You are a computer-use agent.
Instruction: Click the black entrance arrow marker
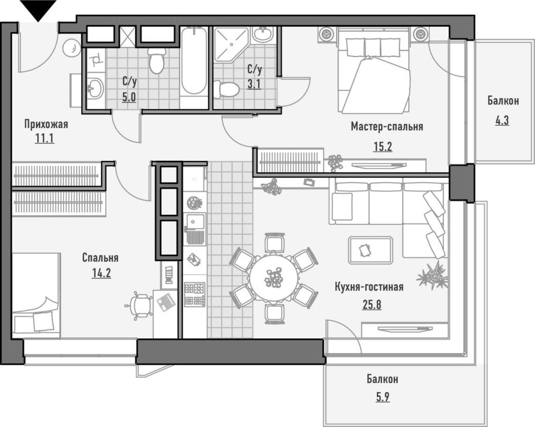(x=38, y=10)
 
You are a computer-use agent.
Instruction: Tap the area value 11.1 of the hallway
(x=44, y=139)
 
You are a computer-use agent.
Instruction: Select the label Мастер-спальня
(x=387, y=126)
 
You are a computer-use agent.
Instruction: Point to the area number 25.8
(x=372, y=304)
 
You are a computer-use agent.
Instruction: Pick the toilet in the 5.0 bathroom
(x=156, y=60)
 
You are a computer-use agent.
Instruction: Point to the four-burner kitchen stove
(x=195, y=294)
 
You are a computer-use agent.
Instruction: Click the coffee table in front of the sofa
(x=370, y=250)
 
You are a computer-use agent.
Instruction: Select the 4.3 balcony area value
(x=502, y=120)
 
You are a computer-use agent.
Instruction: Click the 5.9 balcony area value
(x=382, y=397)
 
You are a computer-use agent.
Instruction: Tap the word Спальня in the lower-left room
(x=101, y=258)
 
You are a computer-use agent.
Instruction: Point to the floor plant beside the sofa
(x=432, y=275)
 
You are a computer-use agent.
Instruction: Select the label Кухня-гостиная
(x=369, y=287)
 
